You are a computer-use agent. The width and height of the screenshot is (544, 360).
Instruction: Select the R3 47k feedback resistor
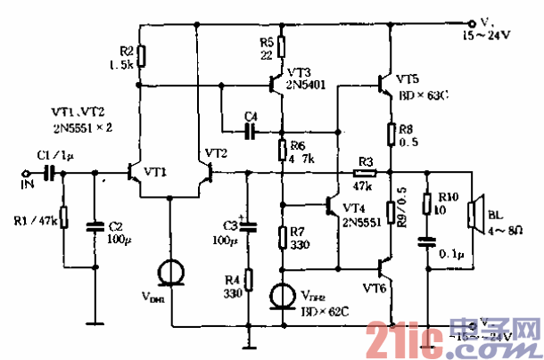[366, 173]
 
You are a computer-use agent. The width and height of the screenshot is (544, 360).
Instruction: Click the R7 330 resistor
[282, 237]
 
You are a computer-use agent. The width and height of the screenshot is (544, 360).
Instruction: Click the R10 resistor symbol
[428, 205]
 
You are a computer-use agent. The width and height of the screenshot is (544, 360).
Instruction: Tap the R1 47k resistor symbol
[64, 217]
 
